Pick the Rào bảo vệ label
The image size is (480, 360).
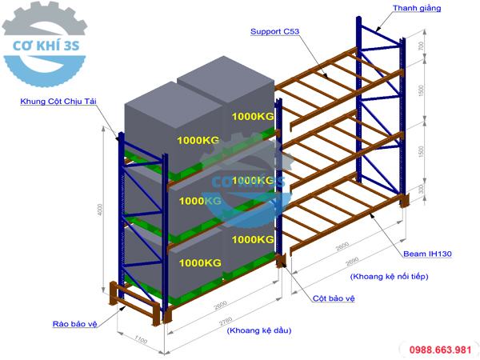(75, 324)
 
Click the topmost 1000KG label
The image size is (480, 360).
(253, 116)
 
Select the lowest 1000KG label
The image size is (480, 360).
(199, 262)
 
